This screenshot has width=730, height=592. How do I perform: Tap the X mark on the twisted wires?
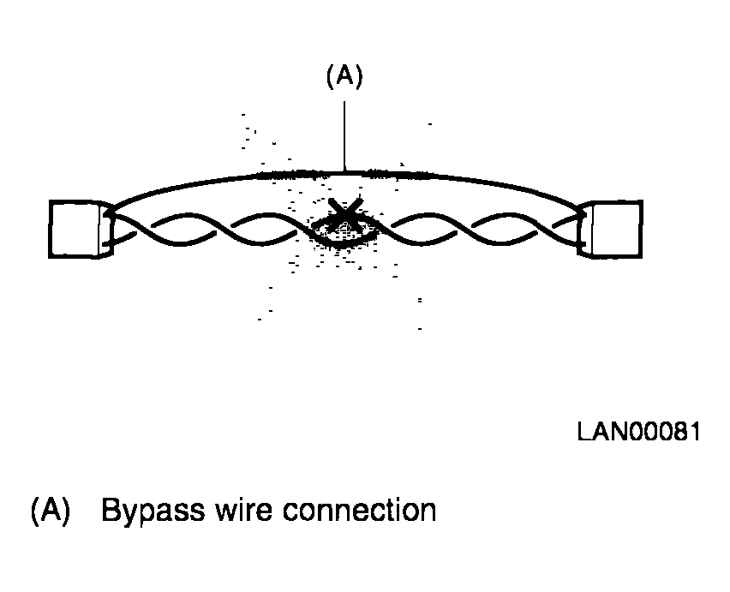[345, 214]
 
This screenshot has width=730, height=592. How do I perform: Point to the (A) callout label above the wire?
[344, 76]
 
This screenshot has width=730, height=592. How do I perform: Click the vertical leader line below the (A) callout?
[344, 136]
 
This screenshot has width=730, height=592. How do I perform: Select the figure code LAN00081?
[639, 432]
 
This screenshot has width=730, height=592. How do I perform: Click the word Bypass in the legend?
[153, 511]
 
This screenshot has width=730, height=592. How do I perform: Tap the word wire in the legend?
[243, 510]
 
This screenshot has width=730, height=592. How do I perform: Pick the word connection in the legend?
[359, 510]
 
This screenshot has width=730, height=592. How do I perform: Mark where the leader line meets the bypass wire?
[344, 172]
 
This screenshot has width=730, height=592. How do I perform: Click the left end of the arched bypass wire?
[111, 211]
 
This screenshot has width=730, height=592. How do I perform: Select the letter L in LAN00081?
[583, 432]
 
